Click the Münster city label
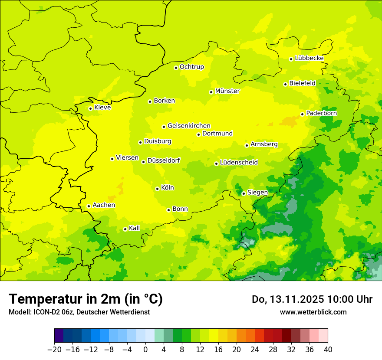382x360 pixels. coord(227,91)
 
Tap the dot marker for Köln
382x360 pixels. coord(157,189)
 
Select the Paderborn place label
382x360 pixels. coord(321,113)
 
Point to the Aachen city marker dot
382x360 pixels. coord(89,206)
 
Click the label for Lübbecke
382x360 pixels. coord(309,58)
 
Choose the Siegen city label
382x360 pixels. coord(257,193)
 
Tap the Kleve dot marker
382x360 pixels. coord(90,108)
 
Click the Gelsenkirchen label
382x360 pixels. coord(189,126)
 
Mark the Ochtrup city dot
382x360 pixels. coord(176,68)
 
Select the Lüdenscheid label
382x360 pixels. coord(239,163)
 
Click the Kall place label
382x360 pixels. coord(135,228)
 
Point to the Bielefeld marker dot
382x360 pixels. coord(285,84)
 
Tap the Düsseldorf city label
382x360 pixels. coord(164,160)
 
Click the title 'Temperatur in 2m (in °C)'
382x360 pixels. coord(86,299)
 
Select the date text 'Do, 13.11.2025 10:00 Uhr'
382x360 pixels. coord(312,299)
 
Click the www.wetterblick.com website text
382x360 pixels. coord(313,312)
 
